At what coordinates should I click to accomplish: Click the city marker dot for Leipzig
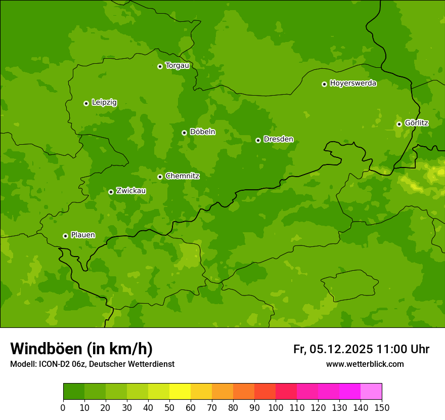(86, 103)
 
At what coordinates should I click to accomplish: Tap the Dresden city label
(278, 139)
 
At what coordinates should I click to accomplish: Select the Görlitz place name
(417, 123)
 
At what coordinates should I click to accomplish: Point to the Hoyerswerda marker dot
(324, 84)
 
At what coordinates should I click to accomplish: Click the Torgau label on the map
(177, 65)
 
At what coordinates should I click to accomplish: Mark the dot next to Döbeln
(184, 133)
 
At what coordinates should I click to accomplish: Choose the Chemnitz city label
(182, 176)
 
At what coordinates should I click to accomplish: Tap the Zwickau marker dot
(111, 192)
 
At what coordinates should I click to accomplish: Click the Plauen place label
(83, 235)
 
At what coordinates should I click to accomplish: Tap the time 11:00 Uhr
(403, 349)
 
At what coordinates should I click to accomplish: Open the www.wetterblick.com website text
(365, 364)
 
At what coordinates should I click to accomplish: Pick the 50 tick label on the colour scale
(169, 407)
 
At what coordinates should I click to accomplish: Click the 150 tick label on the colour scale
(382, 407)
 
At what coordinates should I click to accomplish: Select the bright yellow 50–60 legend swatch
(180, 392)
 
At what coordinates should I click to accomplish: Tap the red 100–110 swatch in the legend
(286, 392)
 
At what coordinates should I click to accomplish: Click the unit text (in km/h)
(119, 349)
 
